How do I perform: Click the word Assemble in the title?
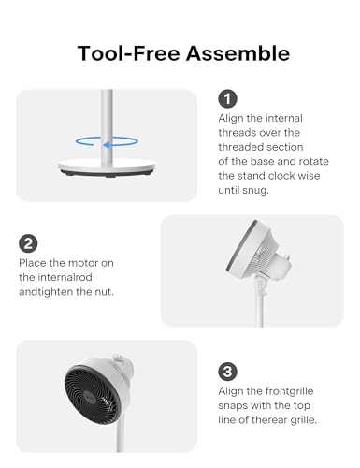coord(238,53)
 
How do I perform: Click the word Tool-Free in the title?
coord(129,53)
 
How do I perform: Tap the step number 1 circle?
coord(227,98)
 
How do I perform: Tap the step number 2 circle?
coord(28,243)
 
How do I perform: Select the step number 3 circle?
coord(227,372)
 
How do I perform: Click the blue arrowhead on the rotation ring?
coord(107,145)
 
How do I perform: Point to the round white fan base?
coord(107,167)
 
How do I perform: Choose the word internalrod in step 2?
coord(66,277)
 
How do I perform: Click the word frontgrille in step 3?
coord(289,391)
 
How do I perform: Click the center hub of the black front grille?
coord(91,395)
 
